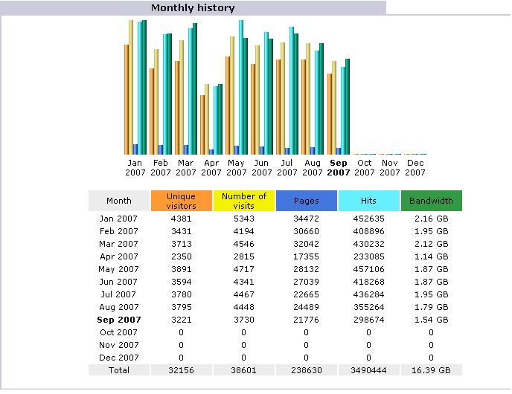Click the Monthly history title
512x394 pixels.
click(x=193, y=8)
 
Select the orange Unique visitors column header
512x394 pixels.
click(x=182, y=201)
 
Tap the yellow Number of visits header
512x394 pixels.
click(x=244, y=201)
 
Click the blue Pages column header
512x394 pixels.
click(x=307, y=201)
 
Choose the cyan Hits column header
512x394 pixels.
click(x=368, y=201)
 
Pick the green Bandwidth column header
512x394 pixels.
click(x=432, y=201)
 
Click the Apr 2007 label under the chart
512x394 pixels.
click(x=211, y=168)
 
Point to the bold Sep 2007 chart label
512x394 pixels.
click(x=339, y=168)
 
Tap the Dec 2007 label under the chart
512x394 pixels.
click(x=415, y=168)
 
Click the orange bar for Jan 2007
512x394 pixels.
click(x=127, y=100)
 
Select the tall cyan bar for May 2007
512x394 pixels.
click(x=241, y=88)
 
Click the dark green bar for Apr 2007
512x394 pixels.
click(x=220, y=120)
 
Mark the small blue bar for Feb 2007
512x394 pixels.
click(x=161, y=149)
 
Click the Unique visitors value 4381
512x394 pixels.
click(x=182, y=219)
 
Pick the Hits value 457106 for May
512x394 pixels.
click(x=368, y=269)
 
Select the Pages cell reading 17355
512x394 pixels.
click(x=306, y=256)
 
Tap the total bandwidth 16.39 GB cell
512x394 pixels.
click(x=431, y=370)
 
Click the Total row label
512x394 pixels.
click(x=119, y=370)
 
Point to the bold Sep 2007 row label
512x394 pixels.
click(x=119, y=320)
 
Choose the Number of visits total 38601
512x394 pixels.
click(x=243, y=370)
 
